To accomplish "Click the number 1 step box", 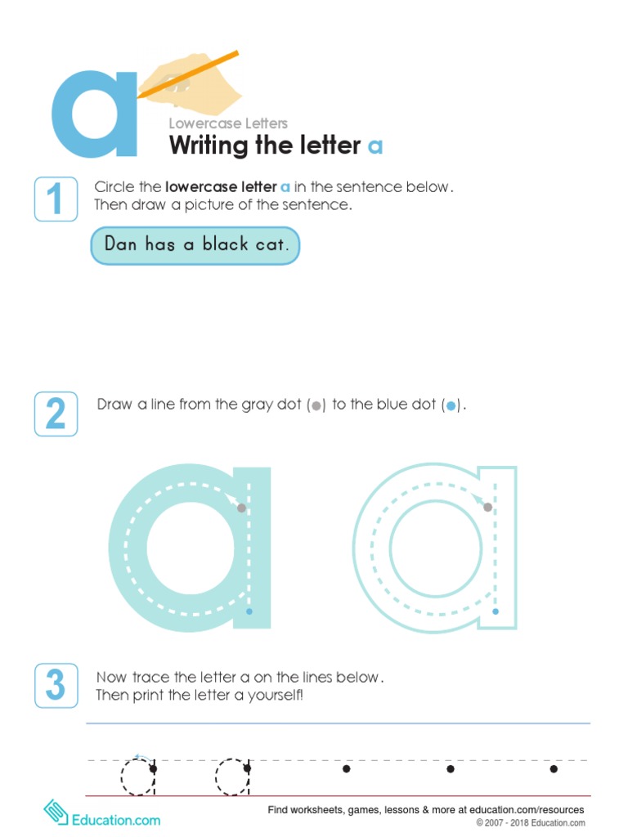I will point(56,199).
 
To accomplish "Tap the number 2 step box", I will point(56,414).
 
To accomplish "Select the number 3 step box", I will point(56,685).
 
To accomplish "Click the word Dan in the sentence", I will point(120,244).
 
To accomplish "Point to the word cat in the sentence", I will point(271,244).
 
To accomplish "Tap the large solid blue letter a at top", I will point(94,115).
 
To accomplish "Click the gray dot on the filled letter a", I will point(241,508).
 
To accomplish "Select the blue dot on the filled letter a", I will point(249,611).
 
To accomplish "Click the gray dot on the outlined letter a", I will point(488,508).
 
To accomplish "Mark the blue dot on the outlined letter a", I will point(496,611).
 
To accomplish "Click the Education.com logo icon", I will point(56,813).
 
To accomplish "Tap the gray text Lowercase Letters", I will point(228,123).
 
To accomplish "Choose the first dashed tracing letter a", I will point(138,776).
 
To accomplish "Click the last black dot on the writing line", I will point(554,769).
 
